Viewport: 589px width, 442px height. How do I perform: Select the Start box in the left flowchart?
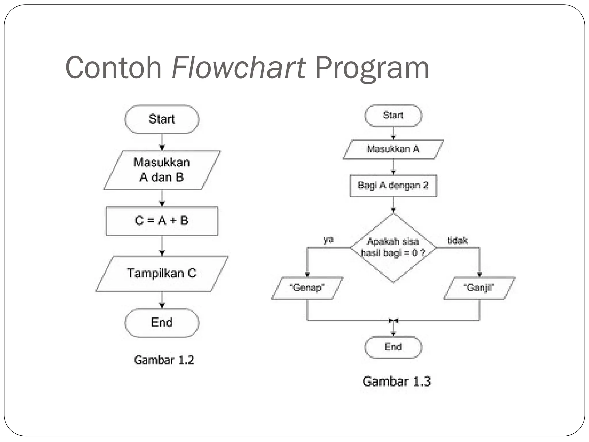pos(162,119)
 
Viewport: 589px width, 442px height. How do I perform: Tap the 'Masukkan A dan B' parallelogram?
pos(162,170)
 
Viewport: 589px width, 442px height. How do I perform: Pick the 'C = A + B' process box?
pos(162,221)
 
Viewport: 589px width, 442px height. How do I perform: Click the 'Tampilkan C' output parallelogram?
pos(162,274)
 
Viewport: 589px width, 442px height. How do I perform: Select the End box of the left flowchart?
pos(162,323)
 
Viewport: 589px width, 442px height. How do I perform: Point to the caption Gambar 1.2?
pos(164,360)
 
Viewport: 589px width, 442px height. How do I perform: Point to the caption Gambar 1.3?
pos(396,382)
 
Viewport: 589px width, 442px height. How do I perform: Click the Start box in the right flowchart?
pos(393,115)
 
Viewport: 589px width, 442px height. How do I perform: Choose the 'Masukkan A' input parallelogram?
pos(393,149)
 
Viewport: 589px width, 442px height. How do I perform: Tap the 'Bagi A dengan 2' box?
pos(393,186)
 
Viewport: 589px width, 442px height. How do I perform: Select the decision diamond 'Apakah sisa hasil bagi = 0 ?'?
pos(393,247)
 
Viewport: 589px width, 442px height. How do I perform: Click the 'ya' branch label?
pos(328,240)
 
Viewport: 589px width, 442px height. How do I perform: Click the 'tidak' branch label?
pos(457,240)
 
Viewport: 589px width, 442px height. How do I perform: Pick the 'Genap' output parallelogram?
pos(307,288)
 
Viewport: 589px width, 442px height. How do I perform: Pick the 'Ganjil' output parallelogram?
pos(479,288)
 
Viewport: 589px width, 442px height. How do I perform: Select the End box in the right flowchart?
pos(393,347)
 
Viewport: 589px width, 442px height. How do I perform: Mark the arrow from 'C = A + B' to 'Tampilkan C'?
pos(162,246)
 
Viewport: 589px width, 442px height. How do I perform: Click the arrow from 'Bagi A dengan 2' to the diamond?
pos(393,205)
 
